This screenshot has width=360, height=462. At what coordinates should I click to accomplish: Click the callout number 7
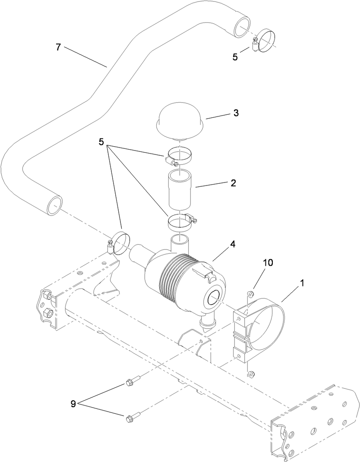(x=59, y=47)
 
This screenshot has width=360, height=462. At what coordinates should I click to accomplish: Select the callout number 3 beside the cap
(x=236, y=113)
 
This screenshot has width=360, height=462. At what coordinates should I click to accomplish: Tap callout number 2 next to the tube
(x=233, y=183)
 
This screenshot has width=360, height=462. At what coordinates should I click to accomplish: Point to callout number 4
(x=233, y=244)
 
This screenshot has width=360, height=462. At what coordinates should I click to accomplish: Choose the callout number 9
(x=73, y=404)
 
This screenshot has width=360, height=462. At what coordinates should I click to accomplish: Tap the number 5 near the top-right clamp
(x=235, y=57)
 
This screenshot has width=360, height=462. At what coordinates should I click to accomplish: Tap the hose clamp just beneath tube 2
(x=180, y=221)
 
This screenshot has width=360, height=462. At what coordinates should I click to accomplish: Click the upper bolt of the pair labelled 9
(x=129, y=382)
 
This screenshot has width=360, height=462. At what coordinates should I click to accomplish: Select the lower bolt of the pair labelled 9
(x=129, y=418)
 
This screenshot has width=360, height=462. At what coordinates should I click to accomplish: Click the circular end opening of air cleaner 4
(x=215, y=298)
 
